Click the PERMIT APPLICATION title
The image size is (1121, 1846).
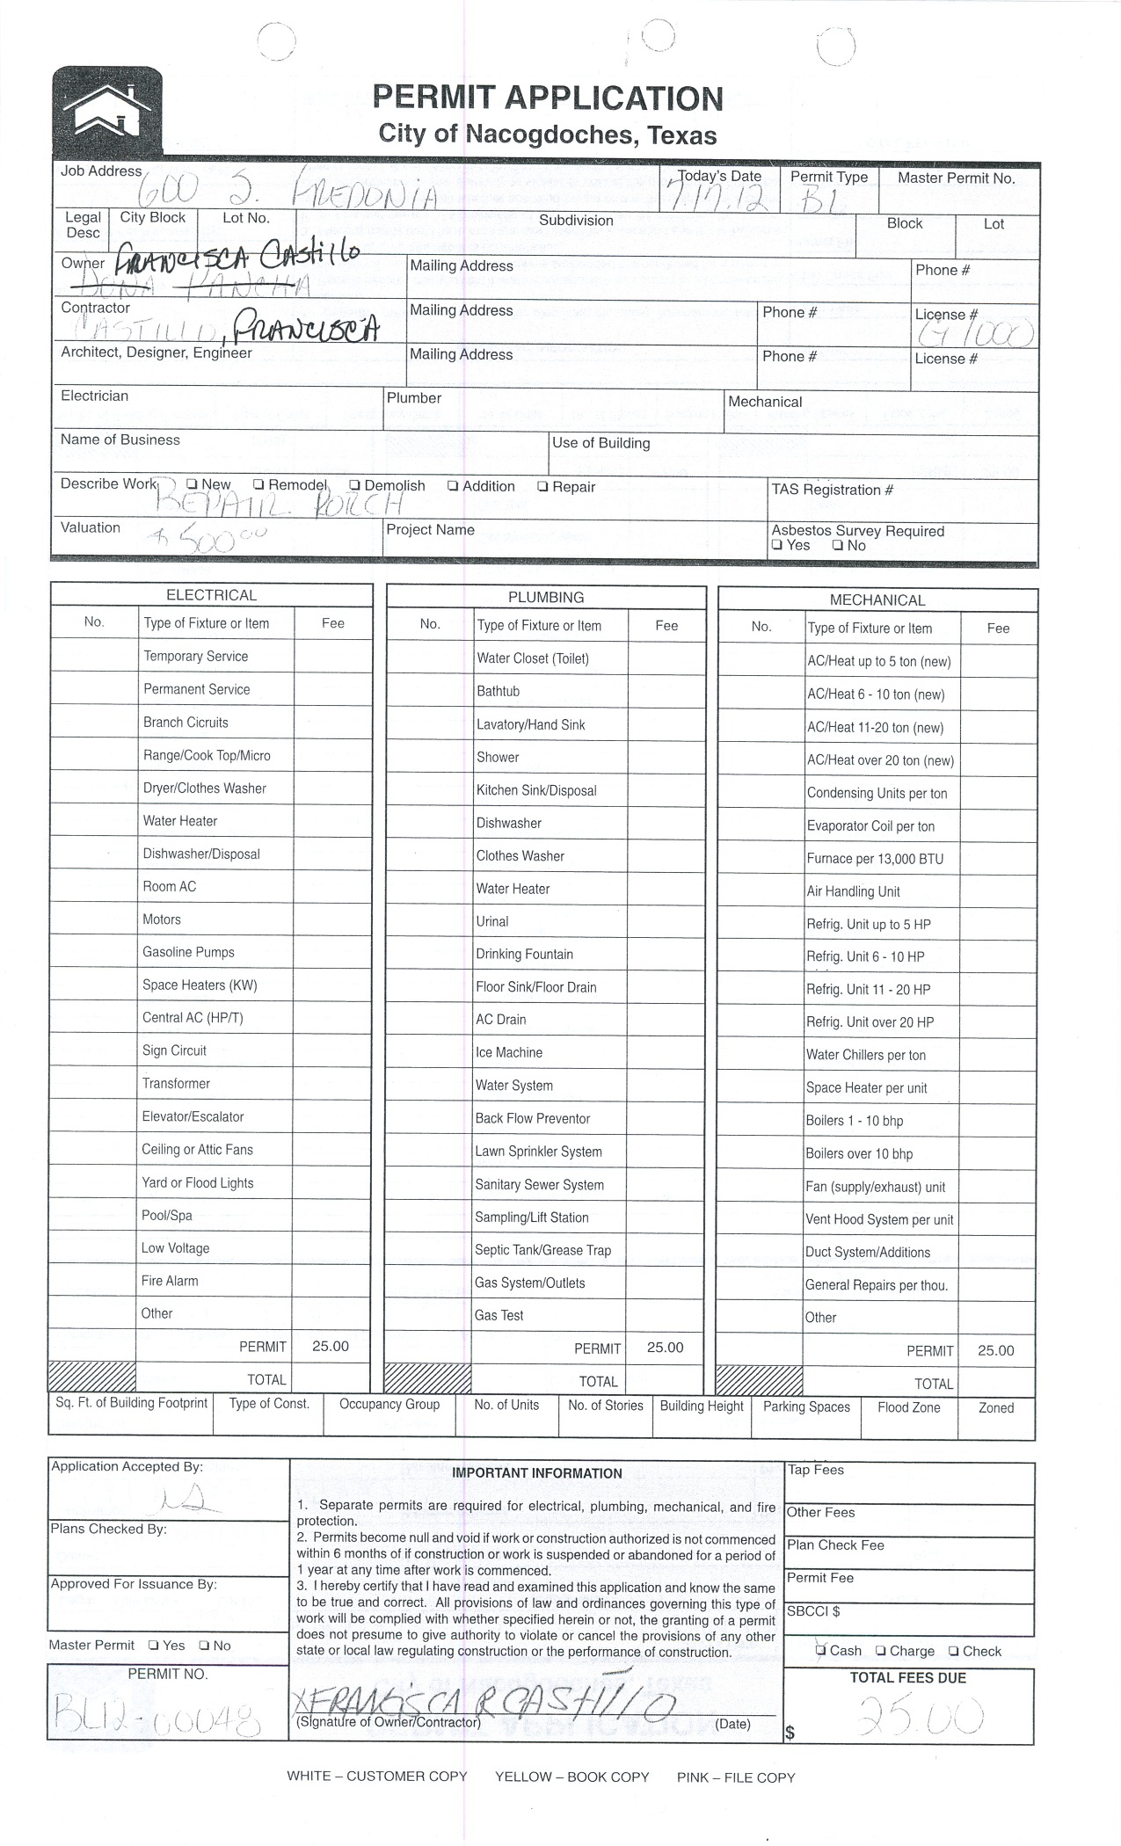[548, 98]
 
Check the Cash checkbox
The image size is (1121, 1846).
[821, 1650]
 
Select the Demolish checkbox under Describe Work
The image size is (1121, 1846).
[354, 485]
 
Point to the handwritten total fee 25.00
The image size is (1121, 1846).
[920, 1714]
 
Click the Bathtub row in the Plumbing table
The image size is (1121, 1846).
[499, 692]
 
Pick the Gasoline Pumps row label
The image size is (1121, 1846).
[188, 952]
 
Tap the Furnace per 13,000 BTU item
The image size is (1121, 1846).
[875, 859]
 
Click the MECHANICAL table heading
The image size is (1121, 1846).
[877, 600]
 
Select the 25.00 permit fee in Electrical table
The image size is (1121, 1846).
[331, 1346]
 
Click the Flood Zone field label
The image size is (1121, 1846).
[908, 1407]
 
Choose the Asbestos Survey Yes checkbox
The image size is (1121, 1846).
[776, 545]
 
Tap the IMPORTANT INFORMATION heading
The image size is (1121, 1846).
[536, 1473]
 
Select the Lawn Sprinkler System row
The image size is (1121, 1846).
[538, 1152]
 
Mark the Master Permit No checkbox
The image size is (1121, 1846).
[204, 1646]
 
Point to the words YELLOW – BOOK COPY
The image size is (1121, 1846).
[571, 1777]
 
